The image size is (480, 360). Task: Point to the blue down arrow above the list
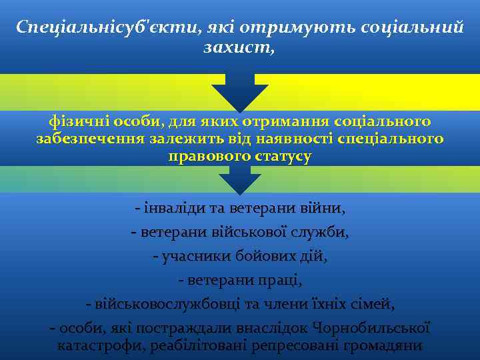[x=239, y=178]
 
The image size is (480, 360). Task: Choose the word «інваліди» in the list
[x=167, y=209]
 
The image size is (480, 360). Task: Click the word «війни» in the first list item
[x=324, y=209]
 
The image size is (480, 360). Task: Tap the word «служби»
[x=323, y=233]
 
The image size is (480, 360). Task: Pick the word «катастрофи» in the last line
[x=101, y=346]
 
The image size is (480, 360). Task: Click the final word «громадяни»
[x=385, y=346]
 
